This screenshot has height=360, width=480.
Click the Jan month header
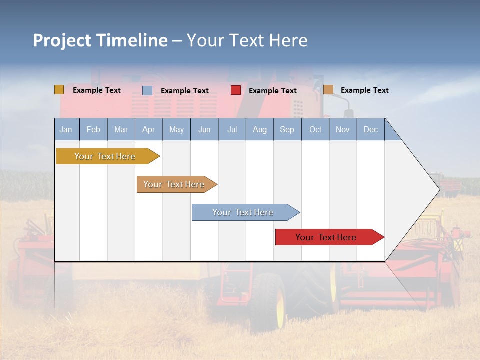[66, 130]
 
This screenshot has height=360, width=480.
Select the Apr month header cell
[148, 130]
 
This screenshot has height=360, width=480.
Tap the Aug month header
[259, 130]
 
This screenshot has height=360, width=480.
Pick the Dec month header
[370, 130]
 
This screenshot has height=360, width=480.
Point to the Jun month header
[204, 130]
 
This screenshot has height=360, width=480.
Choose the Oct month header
[315, 130]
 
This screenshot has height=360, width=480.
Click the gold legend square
[59, 90]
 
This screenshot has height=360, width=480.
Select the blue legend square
[147, 90]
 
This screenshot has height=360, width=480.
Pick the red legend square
[236, 90]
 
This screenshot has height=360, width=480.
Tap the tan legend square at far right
[328, 90]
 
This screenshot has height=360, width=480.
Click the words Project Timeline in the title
[100, 40]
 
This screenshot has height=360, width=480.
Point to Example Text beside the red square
[272, 91]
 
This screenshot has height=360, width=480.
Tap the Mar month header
[121, 130]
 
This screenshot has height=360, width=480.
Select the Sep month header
[287, 130]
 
